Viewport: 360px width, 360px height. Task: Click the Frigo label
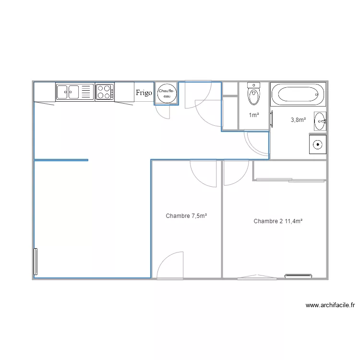[x=144, y=93]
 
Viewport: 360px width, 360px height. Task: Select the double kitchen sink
[x=68, y=92]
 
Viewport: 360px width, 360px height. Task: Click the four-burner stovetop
[x=105, y=92]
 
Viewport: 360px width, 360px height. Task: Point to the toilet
[x=254, y=94]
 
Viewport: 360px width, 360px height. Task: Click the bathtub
[x=298, y=94]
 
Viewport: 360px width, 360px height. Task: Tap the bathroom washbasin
[x=320, y=121]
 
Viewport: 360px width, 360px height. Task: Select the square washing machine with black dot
[x=318, y=144]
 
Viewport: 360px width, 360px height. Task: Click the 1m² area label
[x=254, y=115]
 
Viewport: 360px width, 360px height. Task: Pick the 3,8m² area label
[x=298, y=120]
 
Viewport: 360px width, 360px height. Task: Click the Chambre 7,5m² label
[x=186, y=216]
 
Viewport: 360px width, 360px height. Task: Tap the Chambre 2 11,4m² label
[x=278, y=221]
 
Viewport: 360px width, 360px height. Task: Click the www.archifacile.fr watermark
[x=330, y=305]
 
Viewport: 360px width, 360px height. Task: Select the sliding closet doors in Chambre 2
[x=290, y=180]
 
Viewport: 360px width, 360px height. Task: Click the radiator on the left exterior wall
[x=36, y=262]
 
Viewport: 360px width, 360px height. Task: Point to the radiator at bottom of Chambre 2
[x=298, y=276]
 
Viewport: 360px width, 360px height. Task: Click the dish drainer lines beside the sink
[x=86, y=92]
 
